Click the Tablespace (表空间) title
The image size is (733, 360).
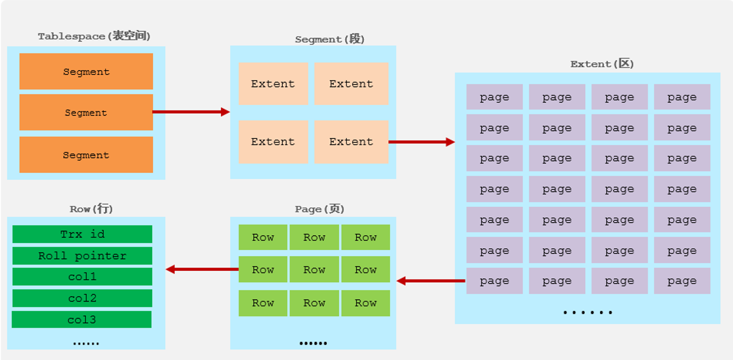tap(94, 36)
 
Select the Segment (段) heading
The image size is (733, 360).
tap(329, 39)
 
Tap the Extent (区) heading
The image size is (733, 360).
tap(602, 63)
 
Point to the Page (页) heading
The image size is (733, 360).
tap(319, 209)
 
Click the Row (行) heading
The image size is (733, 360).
tap(91, 209)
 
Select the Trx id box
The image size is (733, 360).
tap(83, 234)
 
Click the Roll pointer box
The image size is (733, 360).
tap(83, 256)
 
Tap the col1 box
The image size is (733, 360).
tap(83, 277)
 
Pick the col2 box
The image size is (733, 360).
tap(83, 298)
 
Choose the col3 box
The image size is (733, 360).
tap(82, 320)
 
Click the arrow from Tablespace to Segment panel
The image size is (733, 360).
tap(191, 112)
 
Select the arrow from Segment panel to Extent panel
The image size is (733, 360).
tap(422, 142)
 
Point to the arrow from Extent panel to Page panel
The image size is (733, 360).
tap(431, 281)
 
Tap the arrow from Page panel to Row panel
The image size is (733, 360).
tap(202, 269)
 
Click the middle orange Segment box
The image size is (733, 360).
tap(86, 112)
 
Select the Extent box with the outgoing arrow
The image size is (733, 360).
tap(351, 142)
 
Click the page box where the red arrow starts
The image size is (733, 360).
tap(495, 281)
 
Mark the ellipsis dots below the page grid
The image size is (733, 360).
tap(587, 312)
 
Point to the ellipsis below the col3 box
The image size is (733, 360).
tap(86, 343)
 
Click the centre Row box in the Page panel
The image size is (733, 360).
tap(314, 269)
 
